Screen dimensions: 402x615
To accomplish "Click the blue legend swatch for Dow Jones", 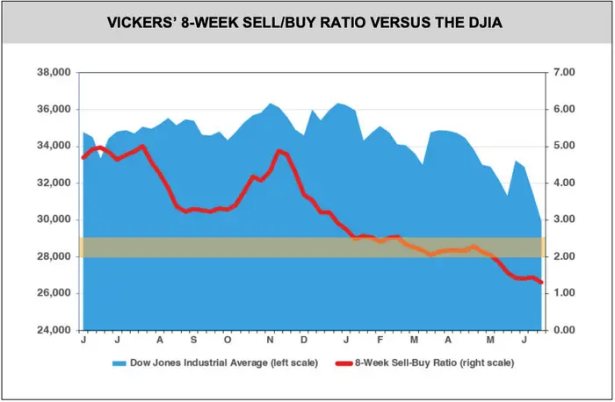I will pyautogui.click(x=117, y=362).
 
